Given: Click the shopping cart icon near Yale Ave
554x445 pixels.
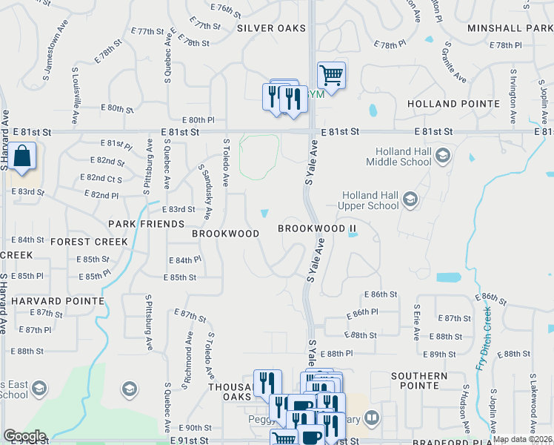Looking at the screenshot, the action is point(331,75).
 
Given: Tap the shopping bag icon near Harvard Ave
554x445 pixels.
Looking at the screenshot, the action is point(22,157).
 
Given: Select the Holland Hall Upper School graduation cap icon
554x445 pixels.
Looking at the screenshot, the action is point(410,199).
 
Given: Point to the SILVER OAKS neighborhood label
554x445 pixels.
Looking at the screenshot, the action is point(271,28).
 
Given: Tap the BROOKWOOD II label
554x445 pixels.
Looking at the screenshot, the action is point(312,228).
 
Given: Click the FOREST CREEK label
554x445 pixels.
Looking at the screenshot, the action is point(90,242).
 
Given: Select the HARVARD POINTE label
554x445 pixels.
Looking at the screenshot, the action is point(58,301).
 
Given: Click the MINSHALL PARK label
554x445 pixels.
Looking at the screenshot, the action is point(510,28).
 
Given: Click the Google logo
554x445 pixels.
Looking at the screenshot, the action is point(24,436).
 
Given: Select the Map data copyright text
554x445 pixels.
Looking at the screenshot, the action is point(522,439).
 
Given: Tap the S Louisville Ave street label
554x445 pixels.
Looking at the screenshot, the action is point(76,96).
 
